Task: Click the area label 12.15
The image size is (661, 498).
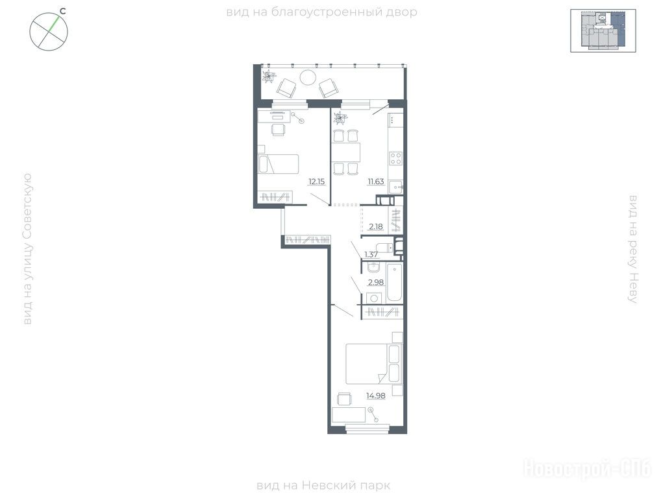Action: click(x=317, y=182)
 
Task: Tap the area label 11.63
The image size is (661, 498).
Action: click(x=376, y=182)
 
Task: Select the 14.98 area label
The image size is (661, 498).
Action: click(x=376, y=396)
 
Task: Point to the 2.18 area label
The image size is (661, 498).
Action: click(x=376, y=226)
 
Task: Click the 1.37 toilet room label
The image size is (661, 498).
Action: click(x=371, y=254)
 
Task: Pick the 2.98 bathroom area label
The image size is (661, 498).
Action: click(x=376, y=282)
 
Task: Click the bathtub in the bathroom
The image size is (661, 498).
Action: click(x=395, y=283)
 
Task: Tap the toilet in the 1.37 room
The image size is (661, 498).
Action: click(x=384, y=248)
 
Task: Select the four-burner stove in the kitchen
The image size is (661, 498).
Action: click(x=396, y=159)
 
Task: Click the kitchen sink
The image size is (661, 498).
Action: click(x=396, y=187)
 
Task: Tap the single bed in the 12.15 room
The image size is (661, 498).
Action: click(x=278, y=164)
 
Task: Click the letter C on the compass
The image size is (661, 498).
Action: click(x=62, y=12)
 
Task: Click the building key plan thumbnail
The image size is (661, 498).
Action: click(x=603, y=30)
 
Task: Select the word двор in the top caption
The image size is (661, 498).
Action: click(x=402, y=12)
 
